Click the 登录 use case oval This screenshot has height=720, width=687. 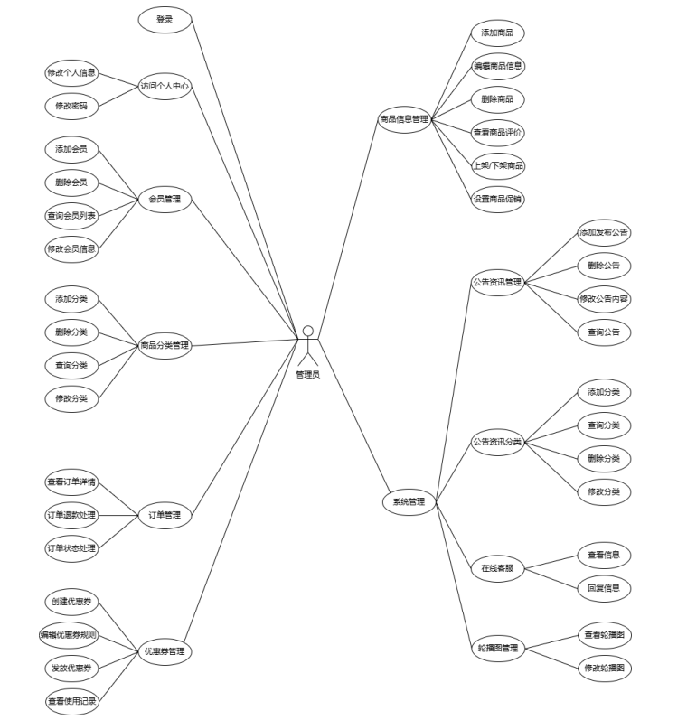165,19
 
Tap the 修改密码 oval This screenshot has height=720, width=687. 71,105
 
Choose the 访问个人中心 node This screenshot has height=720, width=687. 165,87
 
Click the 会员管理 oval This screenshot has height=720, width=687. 165,199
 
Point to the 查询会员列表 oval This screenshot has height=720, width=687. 71,215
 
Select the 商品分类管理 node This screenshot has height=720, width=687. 165,345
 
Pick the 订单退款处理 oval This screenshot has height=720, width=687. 71,515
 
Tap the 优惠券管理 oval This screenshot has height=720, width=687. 165,650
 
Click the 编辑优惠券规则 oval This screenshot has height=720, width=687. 69,635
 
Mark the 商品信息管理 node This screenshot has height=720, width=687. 404,119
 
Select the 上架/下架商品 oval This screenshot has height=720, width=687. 498,165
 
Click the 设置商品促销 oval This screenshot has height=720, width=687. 498,199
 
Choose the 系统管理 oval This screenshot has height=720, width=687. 409,501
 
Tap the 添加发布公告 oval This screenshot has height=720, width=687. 604,232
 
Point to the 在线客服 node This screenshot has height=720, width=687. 498,568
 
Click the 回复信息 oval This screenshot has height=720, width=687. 604,588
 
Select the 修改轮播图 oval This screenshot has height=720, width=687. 604,668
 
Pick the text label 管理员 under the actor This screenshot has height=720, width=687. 307,374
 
